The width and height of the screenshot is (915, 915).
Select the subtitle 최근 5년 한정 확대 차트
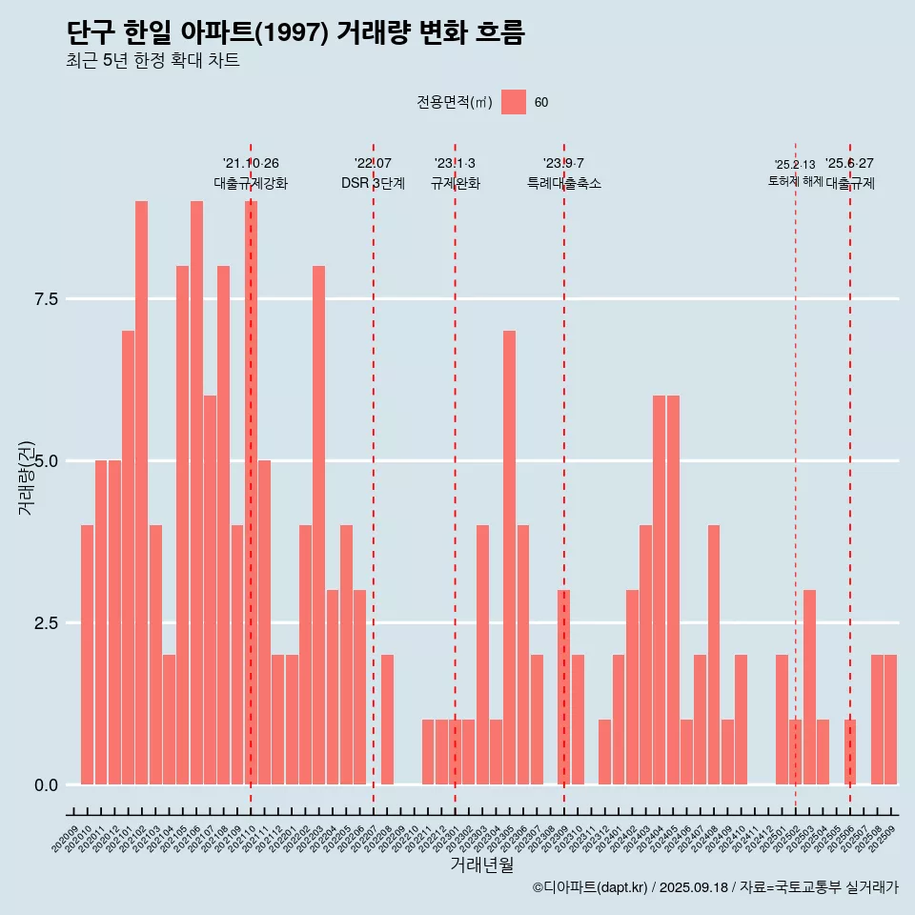click(x=152, y=61)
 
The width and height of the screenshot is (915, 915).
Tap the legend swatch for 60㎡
click(x=514, y=102)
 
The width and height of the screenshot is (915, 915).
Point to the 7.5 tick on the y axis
click(x=47, y=299)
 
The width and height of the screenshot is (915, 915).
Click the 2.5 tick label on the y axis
click(x=47, y=623)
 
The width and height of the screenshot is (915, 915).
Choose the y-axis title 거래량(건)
click(x=27, y=477)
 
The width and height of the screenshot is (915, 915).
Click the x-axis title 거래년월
click(x=481, y=865)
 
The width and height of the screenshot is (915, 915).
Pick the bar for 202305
click(x=509, y=558)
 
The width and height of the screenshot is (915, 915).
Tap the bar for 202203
click(x=318, y=525)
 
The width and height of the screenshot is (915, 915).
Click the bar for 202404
click(x=659, y=590)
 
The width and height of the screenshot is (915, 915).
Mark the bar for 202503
click(x=809, y=687)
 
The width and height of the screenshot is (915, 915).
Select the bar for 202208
click(x=387, y=720)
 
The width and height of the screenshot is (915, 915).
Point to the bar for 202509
click(x=890, y=720)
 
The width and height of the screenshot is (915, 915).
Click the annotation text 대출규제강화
click(x=250, y=183)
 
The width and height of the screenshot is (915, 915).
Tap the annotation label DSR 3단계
click(x=373, y=183)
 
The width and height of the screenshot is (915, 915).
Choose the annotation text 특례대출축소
click(x=563, y=183)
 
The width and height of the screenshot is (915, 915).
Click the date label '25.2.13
click(x=795, y=165)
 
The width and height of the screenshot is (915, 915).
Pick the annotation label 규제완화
click(x=455, y=183)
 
